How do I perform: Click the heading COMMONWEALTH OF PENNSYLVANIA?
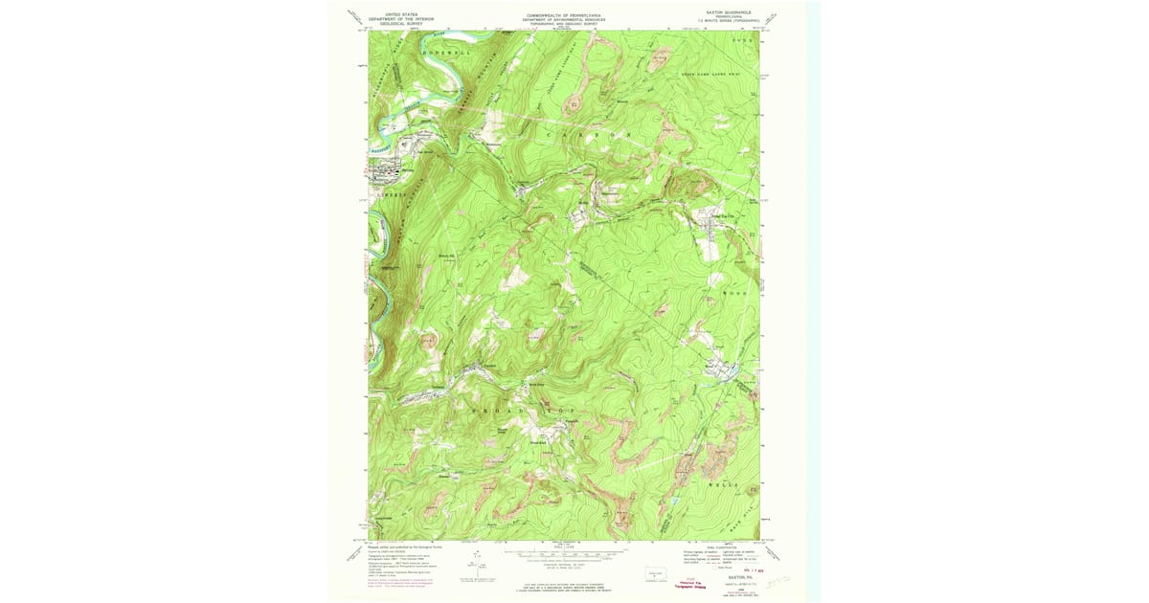click(x=564, y=15)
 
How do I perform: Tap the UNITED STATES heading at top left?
click(x=402, y=15)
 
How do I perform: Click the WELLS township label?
click(x=725, y=486)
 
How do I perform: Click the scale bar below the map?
click(x=565, y=555)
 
